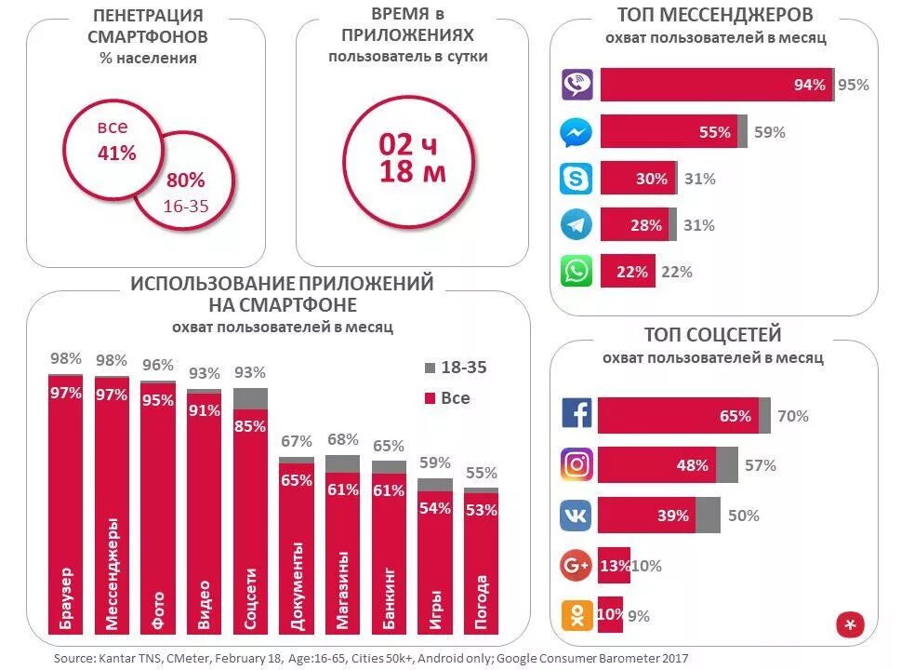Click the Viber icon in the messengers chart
[x=576, y=85]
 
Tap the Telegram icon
[x=576, y=224]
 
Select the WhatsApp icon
[x=576, y=271]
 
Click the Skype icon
[x=576, y=178]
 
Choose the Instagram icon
[x=576, y=464]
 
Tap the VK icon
[x=576, y=515]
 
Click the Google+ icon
[x=576, y=565]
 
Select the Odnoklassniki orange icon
[x=576, y=614]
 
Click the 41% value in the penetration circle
[x=116, y=154]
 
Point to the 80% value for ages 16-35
[x=186, y=181]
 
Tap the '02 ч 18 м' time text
[x=412, y=158]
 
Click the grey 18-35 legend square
[x=430, y=368]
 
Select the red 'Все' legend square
[x=430, y=399]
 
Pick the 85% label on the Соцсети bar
[x=250, y=427]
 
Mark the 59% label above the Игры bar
[x=434, y=462]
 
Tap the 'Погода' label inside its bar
[x=481, y=602]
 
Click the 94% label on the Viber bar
[x=809, y=86]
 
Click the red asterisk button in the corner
[x=850, y=625]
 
